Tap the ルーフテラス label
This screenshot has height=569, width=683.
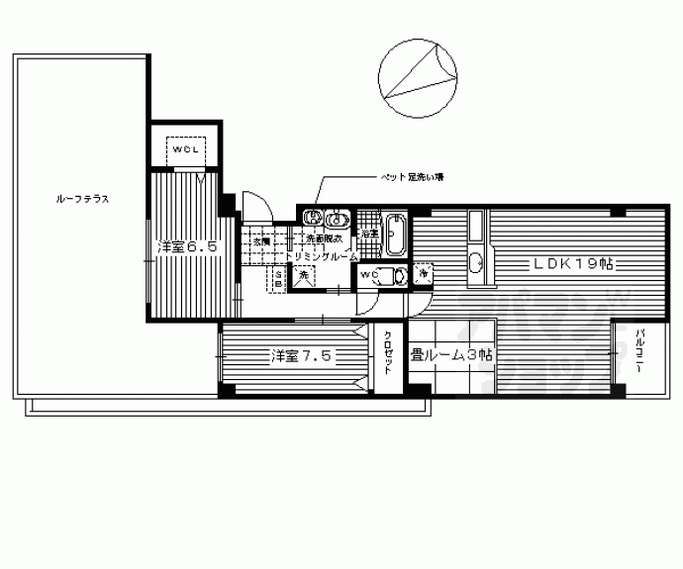(x=82, y=199)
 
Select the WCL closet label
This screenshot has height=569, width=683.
(x=185, y=149)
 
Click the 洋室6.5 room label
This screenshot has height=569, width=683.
(x=187, y=247)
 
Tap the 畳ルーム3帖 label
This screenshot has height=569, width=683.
(x=452, y=355)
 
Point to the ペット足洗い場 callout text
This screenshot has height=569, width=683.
(x=414, y=178)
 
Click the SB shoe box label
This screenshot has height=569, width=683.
(x=278, y=280)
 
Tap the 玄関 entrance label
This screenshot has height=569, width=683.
(x=260, y=241)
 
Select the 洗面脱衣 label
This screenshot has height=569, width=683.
(x=323, y=240)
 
